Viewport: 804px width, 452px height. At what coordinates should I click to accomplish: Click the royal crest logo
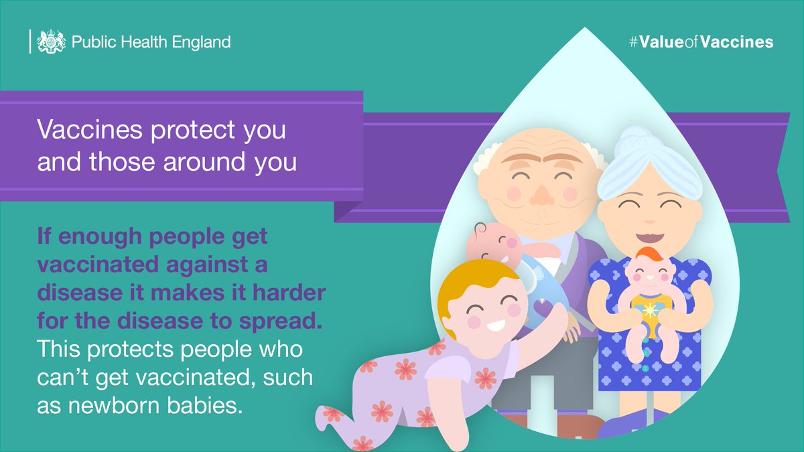coord(51,42)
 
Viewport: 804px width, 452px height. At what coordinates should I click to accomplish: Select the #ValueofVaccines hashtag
coord(701,42)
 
